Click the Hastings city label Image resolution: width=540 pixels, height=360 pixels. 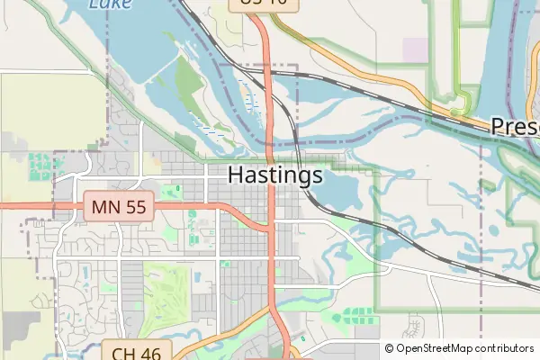275,175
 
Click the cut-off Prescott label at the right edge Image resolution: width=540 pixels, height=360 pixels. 515,127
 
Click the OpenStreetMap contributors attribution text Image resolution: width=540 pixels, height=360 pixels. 464,348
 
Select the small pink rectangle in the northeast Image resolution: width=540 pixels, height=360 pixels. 416,50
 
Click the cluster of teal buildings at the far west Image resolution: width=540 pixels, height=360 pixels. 40,166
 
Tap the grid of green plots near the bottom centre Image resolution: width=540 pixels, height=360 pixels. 358,314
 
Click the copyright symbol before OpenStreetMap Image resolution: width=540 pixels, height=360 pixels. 390,348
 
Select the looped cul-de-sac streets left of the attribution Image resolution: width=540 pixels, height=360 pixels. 415,323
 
